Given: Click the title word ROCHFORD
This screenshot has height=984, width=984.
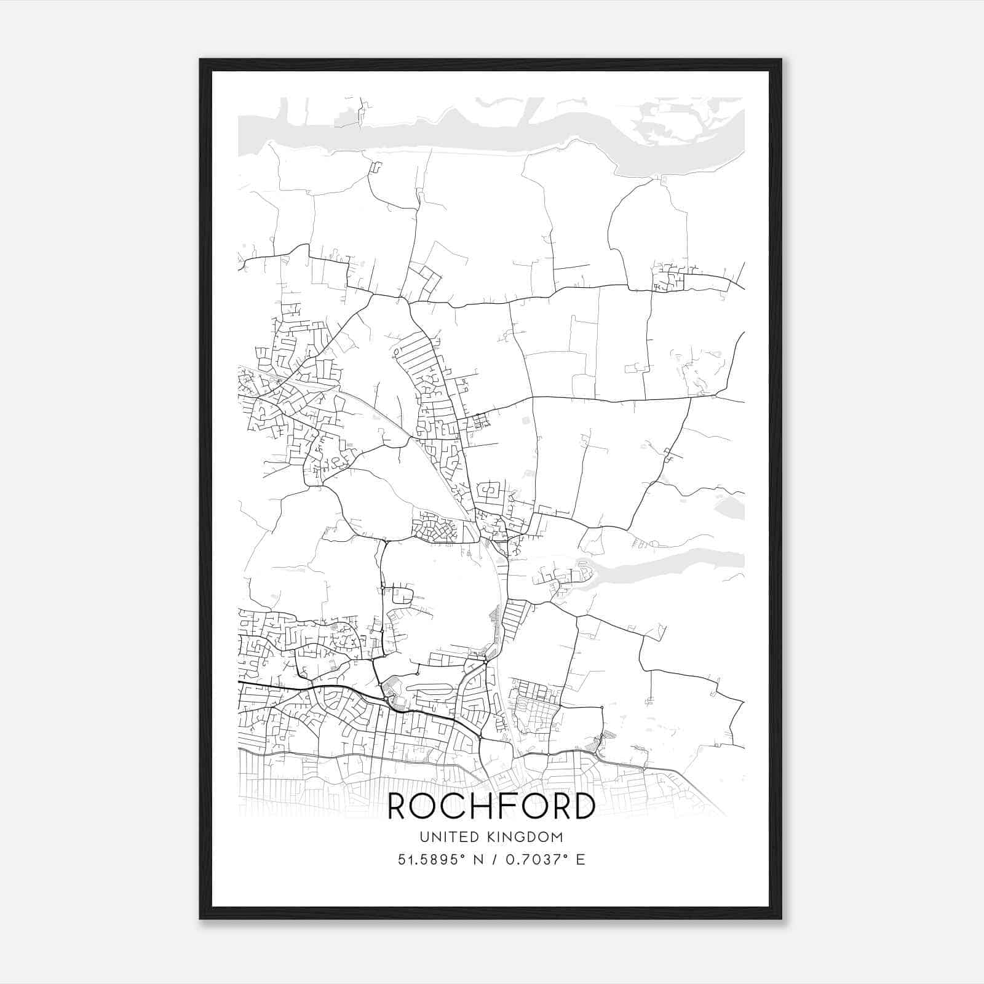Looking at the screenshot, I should coord(491,806).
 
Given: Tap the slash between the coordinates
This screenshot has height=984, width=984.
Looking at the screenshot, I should coord(493,859).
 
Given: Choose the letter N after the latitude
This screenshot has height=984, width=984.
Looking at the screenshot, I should coord(477,859).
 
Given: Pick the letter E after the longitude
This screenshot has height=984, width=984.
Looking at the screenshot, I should coord(580,859).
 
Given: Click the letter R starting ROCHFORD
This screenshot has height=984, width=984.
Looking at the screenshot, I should coord(400,806).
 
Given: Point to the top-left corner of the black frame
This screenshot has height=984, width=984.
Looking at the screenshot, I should coord(201,60).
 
